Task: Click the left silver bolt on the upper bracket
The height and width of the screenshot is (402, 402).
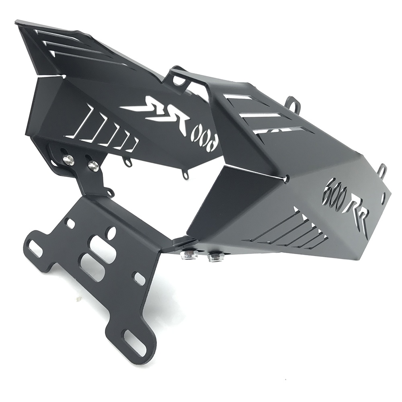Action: [x=69, y=160]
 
